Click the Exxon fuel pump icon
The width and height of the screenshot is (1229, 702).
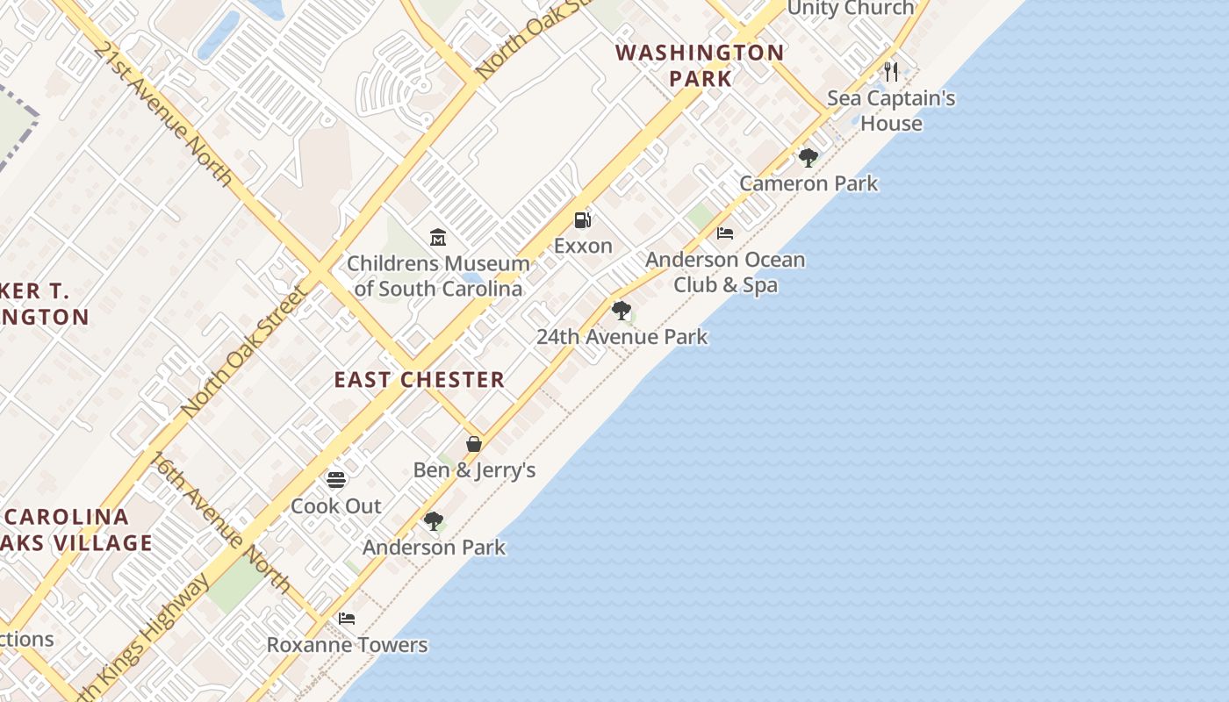click(582, 219)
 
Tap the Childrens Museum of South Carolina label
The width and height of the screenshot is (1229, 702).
click(438, 276)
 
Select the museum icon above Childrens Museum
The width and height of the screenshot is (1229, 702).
click(438, 237)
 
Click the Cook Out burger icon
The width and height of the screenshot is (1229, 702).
click(336, 480)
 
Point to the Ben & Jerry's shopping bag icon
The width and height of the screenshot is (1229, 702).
click(474, 444)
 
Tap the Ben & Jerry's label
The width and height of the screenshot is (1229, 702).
click(474, 470)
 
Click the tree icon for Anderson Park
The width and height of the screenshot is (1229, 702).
click(433, 521)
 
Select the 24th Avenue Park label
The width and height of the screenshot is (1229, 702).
click(622, 337)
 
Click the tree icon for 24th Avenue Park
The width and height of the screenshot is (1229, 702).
click(622, 310)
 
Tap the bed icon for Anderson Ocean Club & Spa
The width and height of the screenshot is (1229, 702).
click(725, 233)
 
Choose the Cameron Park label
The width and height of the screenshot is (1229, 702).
click(809, 183)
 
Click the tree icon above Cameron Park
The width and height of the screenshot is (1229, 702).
click(808, 158)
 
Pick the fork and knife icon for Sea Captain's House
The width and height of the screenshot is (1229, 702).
click(891, 71)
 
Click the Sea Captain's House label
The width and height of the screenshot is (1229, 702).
click(891, 111)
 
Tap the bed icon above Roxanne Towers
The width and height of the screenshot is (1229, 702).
click(347, 618)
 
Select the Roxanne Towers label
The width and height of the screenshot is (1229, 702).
click(347, 645)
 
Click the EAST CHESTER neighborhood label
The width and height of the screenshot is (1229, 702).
click(420, 380)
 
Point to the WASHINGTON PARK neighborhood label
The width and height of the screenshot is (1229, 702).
click(700, 65)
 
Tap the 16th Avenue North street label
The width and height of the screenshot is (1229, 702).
click(220, 522)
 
